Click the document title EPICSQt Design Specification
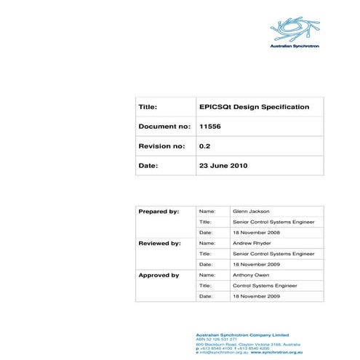pyautogui.click(x=254, y=107)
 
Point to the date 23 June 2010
pyautogui.click(x=223, y=166)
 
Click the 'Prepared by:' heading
pyautogui.click(x=159, y=211)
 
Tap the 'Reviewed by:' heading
pyautogui.click(x=159, y=243)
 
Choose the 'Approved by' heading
pyautogui.click(x=159, y=275)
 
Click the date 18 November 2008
pyautogui.click(x=255, y=232)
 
